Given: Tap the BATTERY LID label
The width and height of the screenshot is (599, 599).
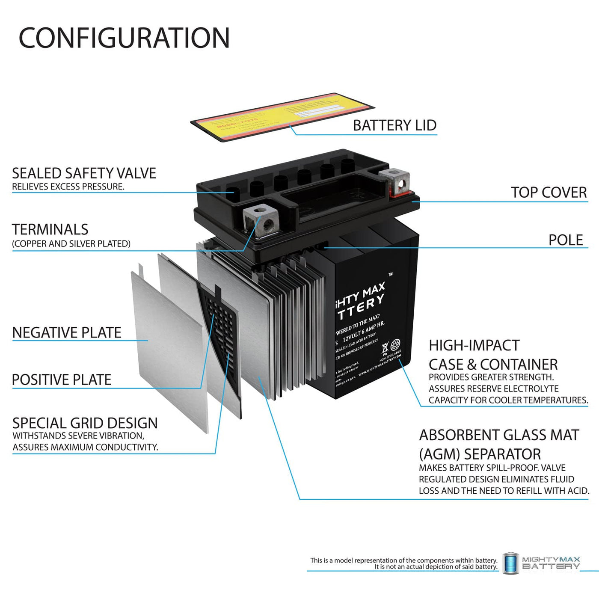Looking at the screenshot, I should click(394, 125).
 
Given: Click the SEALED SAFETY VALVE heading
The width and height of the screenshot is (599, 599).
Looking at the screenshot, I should click(84, 173).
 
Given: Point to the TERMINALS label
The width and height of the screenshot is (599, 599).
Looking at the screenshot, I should click(50, 230).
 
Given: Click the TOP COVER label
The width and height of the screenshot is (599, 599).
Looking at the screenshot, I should click(549, 193).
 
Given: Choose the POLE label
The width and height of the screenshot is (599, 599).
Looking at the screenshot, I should click(566, 240).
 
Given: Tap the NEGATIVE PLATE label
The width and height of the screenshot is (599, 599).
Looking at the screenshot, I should click(67, 333).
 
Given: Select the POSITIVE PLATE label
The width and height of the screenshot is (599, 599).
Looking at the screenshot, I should click(62, 380).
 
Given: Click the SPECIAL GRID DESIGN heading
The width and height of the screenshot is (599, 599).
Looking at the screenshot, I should click(85, 423).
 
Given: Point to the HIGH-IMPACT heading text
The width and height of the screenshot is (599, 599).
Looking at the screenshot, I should click(474, 345).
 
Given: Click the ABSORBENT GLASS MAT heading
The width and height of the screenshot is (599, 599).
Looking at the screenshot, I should click(499, 435).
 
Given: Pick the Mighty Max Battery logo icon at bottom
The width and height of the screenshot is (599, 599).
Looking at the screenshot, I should click(510, 563).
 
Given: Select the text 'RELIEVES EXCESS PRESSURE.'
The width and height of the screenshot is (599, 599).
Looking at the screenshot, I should click(68, 187).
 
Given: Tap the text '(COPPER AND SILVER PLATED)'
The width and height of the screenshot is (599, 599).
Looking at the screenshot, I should click(71, 244).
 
